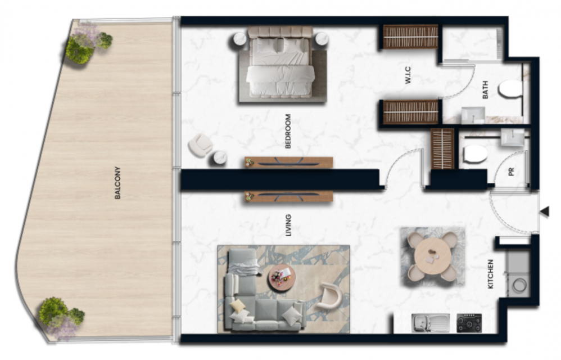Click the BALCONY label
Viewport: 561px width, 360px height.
pyautogui.click(x=117, y=183)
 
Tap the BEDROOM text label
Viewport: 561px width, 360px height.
pyautogui.click(x=288, y=131)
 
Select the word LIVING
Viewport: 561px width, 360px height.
pyautogui.click(x=288, y=226)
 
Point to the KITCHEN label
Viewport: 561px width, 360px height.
pyautogui.click(x=491, y=274)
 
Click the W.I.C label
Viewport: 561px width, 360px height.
pyautogui.click(x=408, y=75)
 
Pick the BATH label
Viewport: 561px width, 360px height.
pyautogui.click(x=485, y=90)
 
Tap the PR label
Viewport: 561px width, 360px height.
pyautogui.click(x=512, y=172)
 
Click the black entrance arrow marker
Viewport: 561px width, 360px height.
pyautogui.click(x=545, y=212)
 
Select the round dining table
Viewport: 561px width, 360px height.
pyautogui.click(x=433, y=256)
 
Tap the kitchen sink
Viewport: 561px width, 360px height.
pyautogui.click(x=430, y=323)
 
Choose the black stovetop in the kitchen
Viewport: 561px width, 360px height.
pyautogui.click(x=469, y=323)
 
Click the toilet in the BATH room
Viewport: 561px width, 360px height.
pyautogui.click(x=511, y=89)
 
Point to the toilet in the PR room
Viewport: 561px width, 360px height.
pyautogui.click(x=475, y=155)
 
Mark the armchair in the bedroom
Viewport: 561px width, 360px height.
pyautogui.click(x=201, y=145)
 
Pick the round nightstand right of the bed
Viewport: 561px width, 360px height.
pyautogui.click(x=322, y=38)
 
